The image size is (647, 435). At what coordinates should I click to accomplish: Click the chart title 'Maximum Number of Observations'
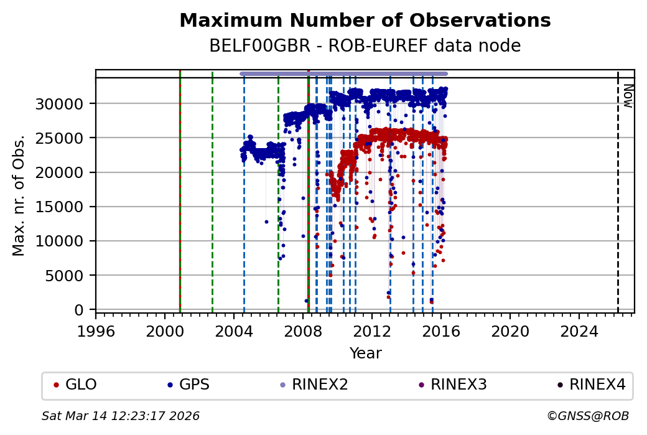coord(365,21)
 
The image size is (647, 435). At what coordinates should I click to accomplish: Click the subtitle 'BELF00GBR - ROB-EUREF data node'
coord(365,46)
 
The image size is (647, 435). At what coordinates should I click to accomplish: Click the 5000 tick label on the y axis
coord(68,276)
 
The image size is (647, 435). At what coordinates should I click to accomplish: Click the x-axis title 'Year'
coord(365,353)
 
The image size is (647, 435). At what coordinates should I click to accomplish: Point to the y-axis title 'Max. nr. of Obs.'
coord(19,195)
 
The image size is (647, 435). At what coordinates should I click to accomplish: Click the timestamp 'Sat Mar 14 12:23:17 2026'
coord(121,416)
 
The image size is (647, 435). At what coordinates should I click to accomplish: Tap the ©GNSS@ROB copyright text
coord(588,416)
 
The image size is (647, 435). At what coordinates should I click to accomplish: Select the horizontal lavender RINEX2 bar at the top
coord(343,73)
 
